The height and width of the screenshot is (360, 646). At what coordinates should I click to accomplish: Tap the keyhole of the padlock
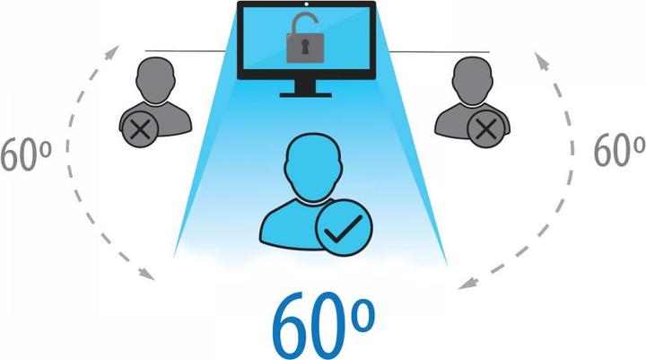[305, 47]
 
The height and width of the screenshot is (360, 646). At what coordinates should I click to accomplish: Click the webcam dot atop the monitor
[307, 4]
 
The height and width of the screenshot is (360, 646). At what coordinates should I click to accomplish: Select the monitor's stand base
[305, 95]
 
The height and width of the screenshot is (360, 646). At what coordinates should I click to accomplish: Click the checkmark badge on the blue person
[344, 228]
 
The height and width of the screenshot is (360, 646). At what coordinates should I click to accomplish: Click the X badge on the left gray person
[141, 129]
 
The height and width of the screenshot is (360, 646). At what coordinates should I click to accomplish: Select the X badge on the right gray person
[486, 129]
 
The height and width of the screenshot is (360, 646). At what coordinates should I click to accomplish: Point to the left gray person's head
[156, 81]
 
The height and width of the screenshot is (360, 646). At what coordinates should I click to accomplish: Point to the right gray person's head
[472, 81]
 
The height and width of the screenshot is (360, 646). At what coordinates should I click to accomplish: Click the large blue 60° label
[323, 326]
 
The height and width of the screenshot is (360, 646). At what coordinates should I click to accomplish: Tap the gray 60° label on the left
[25, 154]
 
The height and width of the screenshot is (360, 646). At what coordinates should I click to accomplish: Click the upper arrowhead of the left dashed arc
[112, 52]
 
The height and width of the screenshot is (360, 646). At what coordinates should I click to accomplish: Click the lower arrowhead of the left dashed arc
[146, 274]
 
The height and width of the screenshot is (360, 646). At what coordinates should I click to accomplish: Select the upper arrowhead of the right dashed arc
[541, 60]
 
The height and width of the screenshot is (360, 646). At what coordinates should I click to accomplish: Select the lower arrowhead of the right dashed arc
[467, 284]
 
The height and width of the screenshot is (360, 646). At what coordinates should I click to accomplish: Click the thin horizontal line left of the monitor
[185, 51]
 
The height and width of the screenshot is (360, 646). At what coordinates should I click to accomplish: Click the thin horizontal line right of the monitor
[439, 52]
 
